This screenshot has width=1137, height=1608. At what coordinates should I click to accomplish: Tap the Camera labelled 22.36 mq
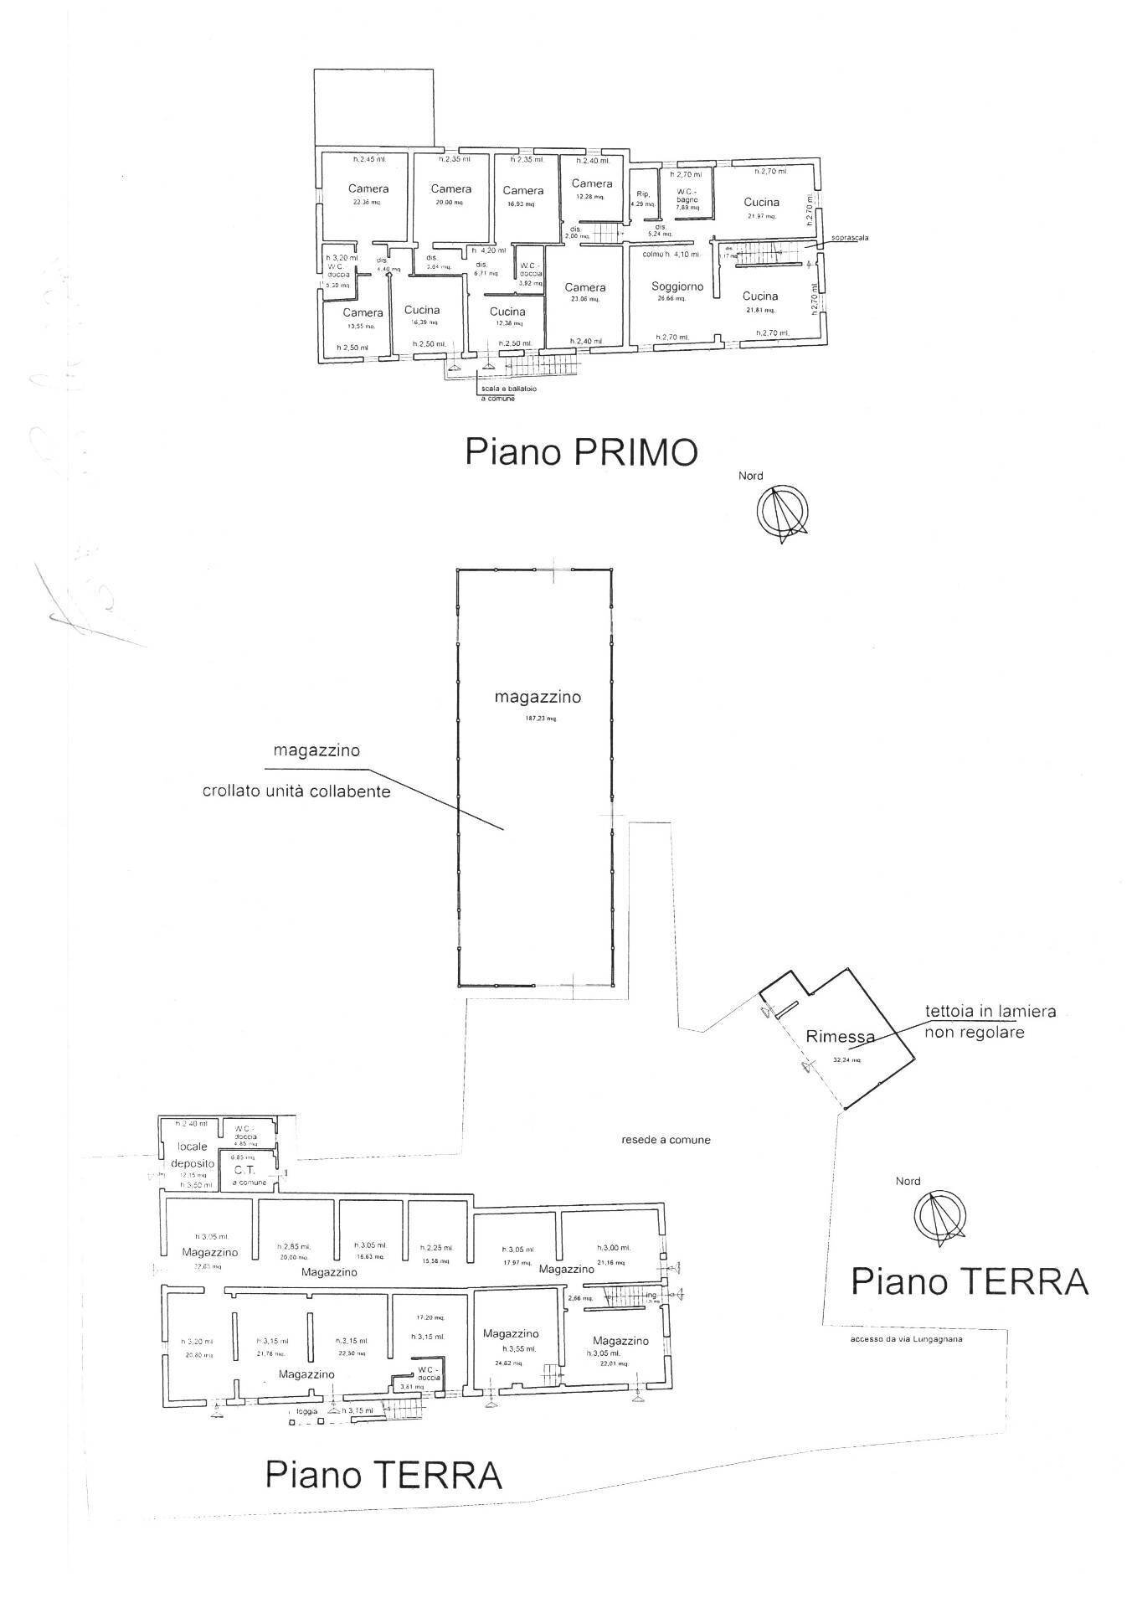(x=368, y=189)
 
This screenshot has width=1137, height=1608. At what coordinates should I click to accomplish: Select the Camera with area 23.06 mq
(x=584, y=287)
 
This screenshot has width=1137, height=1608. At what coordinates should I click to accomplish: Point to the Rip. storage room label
(x=643, y=193)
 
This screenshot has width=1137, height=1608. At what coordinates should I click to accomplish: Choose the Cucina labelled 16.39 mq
(x=422, y=310)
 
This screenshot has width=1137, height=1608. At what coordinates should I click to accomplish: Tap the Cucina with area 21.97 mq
(x=761, y=202)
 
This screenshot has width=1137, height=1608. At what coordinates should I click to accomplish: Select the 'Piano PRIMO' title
(x=581, y=453)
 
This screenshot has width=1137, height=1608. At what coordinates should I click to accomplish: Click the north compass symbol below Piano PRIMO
(x=782, y=513)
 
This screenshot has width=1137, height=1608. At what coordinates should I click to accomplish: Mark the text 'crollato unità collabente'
(x=296, y=791)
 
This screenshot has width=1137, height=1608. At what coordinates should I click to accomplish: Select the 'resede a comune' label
(x=666, y=1140)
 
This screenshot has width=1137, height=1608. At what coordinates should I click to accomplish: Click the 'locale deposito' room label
(x=193, y=1155)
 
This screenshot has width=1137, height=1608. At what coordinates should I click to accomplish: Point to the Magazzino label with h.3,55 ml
(x=511, y=1333)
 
